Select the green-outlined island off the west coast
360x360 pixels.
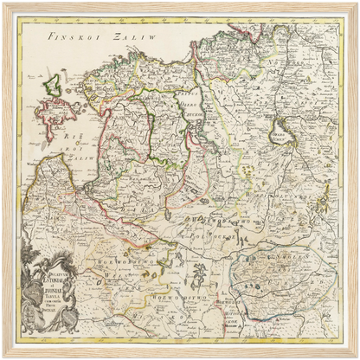[x=52, y=85]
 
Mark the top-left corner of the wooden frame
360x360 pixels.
[x=3, y=3]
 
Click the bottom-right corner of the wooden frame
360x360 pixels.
[x=357, y=357]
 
